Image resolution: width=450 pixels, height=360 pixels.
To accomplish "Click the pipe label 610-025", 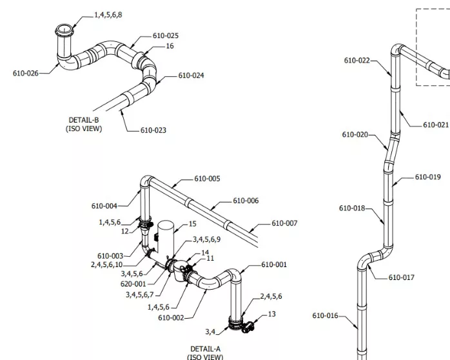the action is (x=166, y=36).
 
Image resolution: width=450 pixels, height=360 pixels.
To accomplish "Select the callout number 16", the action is (x=170, y=46).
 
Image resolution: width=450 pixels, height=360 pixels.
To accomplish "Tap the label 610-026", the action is (x=26, y=74).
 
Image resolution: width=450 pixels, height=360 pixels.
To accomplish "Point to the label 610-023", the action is (x=153, y=130).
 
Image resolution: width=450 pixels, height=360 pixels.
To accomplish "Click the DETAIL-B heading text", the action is (x=84, y=120).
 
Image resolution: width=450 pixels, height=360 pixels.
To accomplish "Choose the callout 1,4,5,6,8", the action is (x=108, y=15).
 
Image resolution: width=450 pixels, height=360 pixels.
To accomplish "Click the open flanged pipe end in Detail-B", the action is (x=64, y=30).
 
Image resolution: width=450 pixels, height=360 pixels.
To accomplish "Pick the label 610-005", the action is (x=207, y=179).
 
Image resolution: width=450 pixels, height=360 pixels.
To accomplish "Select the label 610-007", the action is (x=284, y=223).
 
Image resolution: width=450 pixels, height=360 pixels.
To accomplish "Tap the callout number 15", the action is (x=193, y=224).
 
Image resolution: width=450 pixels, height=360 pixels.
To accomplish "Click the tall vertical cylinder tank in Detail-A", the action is (x=166, y=238).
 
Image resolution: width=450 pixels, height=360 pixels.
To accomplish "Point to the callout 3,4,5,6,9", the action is (x=207, y=239).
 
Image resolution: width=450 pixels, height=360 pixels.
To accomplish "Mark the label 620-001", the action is (x=133, y=285).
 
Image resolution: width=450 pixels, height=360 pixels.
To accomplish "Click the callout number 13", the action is (x=272, y=314).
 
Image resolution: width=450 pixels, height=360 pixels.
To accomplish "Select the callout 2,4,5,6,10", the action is (x=107, y=265).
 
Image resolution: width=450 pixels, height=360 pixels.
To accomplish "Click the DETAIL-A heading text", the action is (x=206, y=349).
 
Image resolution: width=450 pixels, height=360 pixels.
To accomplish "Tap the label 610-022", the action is (x=357, y=61).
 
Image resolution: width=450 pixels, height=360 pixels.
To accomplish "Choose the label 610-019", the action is (x=428, y=177).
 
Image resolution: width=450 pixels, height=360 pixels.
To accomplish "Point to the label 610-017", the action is (x=402, y=277).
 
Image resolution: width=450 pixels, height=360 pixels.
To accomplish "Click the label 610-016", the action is (x=325, y=315).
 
